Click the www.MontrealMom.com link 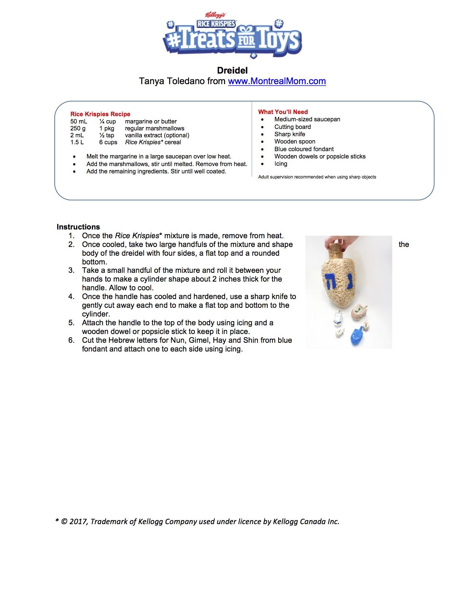point(277,81)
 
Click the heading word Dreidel point(232,70)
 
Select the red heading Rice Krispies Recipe point(100,114)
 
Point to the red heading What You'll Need point(283,112)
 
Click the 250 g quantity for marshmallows point(78,128)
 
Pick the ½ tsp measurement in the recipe point(106,135)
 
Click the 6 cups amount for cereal point(108,142)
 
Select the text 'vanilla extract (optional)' point(157,135)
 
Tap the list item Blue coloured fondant point(304,149)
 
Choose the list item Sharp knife point(290,134)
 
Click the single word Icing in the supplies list point(281,164)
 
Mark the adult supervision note point(317,177)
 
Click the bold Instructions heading point(78,227)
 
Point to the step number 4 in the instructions point(71,296)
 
